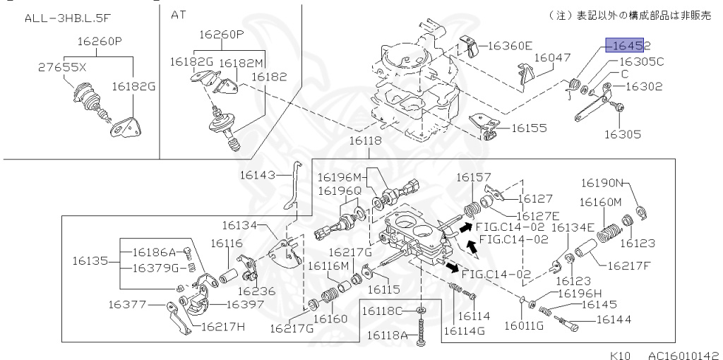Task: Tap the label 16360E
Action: (x=510, y=46)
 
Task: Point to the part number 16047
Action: (x=552, y=58)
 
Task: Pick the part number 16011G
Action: (x=523, y=325)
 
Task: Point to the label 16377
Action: (x=127, y=305)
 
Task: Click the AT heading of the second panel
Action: (x=179, y=14)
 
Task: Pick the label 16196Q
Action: (x=339, y=191)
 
